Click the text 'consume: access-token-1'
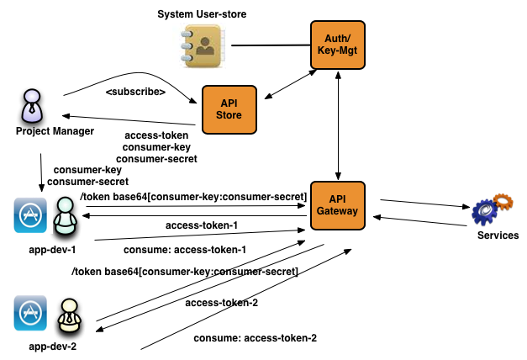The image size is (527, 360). tap(185, 250)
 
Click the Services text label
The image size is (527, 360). tap(498, 236)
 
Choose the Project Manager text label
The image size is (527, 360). tap(55, 131)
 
